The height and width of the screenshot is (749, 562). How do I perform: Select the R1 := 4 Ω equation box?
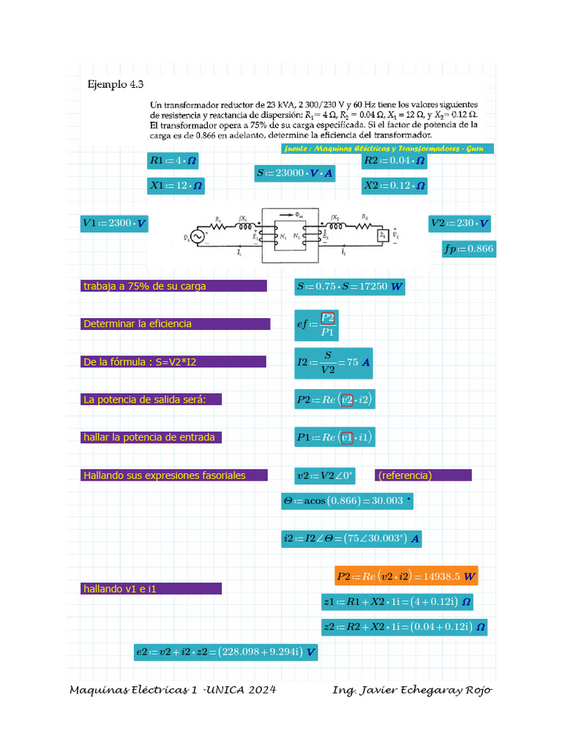[x=173, y=160]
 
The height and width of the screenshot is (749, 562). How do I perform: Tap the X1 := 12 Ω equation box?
[x=176, y=186]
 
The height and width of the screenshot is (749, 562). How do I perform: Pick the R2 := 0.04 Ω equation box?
[x=394, y=160]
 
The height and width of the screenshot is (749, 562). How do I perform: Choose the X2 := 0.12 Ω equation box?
[x=394, y=186]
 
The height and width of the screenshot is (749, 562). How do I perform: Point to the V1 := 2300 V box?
[x=114, y=223]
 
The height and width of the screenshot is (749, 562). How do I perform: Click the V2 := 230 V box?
[x=460, y=223]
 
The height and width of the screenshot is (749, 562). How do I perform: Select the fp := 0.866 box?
[x=468, y=249]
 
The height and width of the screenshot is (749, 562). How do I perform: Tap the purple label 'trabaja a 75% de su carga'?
[x=175, y=286]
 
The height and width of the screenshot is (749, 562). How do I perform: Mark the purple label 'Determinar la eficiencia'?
[x=176, y=323]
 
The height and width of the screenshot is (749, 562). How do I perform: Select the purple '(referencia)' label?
[x=424, y=475]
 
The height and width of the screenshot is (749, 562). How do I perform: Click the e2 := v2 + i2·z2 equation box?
[x=225, y=651]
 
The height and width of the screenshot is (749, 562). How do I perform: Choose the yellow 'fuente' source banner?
[x=388, y=148]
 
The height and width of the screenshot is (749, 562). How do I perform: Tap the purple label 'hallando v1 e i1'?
[x=151, y=589]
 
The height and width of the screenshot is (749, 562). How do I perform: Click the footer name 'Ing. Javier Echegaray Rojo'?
[x=412, y=690]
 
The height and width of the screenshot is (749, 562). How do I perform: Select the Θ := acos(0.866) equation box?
[x=347, y=501]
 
